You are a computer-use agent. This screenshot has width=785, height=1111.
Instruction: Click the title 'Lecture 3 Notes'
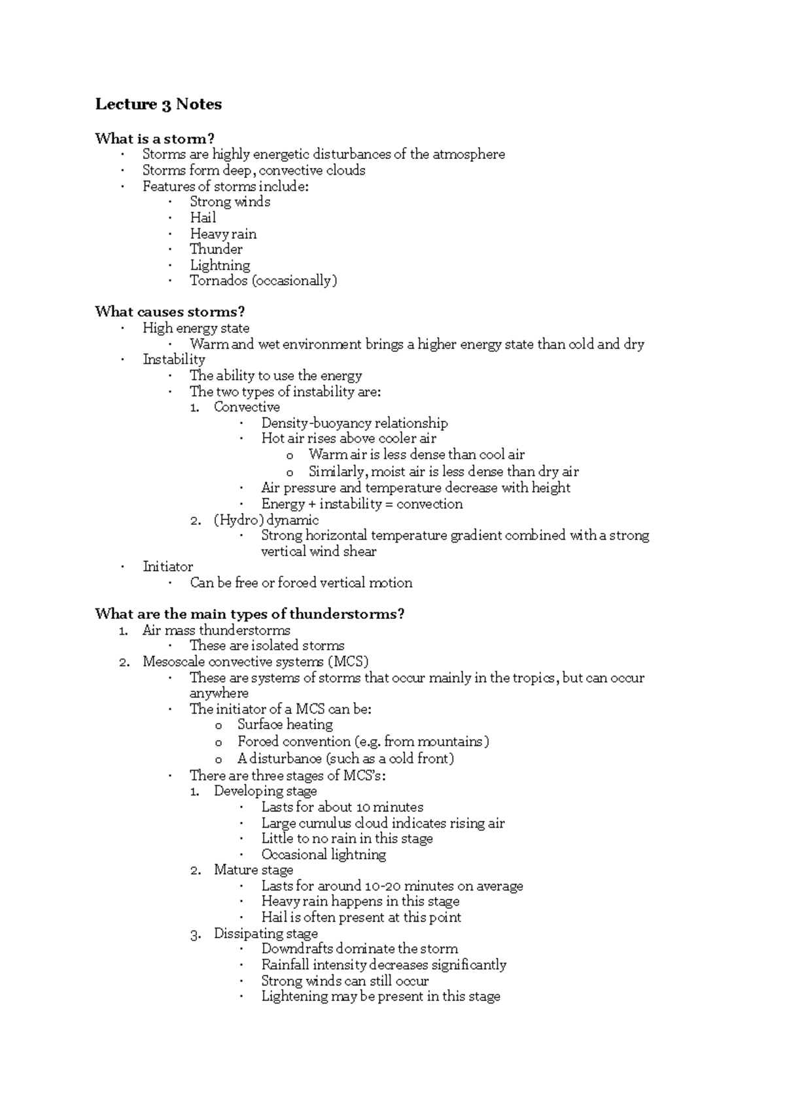click(x=158, y=105)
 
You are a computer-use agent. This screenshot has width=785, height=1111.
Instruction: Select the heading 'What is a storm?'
click(x=154, y=138)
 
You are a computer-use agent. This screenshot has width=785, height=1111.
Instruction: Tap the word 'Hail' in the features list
click(x=203, y=218)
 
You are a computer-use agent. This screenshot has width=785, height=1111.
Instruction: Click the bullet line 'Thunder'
click(x=216, y=249)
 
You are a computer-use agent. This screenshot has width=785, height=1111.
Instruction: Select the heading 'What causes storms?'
click(x=169, y=311)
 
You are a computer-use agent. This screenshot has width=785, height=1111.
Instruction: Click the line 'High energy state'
click(x=196, y=328)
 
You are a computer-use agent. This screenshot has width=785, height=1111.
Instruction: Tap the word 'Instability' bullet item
click(x=173, y=359)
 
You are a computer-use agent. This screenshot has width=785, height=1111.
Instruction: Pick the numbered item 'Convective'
click(x=247, y=407)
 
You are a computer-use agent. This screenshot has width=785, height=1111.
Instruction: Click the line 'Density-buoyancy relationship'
click(x=354, y=423)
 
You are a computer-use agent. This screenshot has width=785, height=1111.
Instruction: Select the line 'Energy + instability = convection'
click(x=362, y=504)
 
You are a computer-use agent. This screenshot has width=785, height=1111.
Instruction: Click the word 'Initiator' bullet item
click(x=167, y=567)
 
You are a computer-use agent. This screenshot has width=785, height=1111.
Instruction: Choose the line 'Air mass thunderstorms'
click(x=216, y=630)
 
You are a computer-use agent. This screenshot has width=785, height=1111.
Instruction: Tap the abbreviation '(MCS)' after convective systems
click(x=348, y=661)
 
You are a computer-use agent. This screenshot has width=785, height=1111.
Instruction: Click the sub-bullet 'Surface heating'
click(x=285, y=724)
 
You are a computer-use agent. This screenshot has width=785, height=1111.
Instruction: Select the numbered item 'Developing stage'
click(x=265, y=791)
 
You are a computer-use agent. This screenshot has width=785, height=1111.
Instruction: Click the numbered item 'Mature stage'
click(x=253, y=870)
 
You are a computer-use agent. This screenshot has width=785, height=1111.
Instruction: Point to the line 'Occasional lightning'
click(x=323, y=855)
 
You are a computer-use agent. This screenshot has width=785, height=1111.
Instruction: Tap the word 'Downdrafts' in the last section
click(x=294, y=949)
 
